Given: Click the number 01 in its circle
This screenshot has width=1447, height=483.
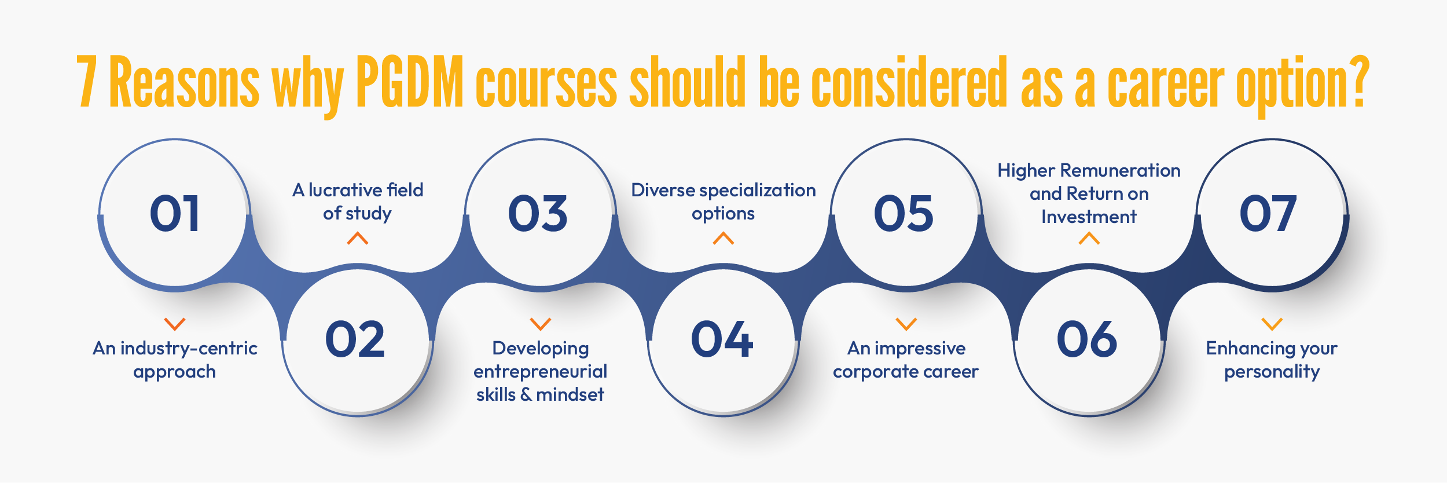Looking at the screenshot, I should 175,214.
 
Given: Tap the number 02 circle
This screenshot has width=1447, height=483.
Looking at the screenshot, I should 355,339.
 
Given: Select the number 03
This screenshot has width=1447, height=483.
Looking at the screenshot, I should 538,214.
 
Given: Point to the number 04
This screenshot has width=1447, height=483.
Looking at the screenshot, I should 722,339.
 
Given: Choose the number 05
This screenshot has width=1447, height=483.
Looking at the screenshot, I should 904,214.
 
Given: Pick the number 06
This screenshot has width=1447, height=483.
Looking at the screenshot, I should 1087,339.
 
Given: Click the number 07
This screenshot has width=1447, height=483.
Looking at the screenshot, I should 1268,214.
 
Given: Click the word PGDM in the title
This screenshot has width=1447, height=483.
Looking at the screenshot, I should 410,82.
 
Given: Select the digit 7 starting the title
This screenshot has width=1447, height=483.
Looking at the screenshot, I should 87,82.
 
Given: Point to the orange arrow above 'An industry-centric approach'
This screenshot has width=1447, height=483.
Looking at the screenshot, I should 175,324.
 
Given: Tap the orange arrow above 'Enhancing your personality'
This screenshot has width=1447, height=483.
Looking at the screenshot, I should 1272,324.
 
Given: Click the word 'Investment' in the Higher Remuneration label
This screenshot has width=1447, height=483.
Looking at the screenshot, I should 1089,217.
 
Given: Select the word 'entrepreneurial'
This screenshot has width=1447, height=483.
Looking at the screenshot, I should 540,371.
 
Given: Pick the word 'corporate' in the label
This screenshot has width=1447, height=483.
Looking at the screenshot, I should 872,372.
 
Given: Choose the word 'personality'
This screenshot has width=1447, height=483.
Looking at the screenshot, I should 1272,372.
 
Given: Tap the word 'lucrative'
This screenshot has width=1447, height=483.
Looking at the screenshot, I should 346,190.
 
